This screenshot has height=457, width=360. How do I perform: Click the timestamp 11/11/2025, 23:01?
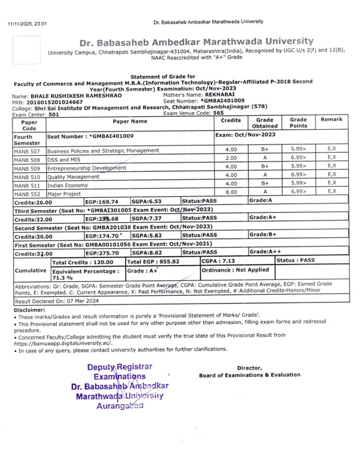click(27, 24)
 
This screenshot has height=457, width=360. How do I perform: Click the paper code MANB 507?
click(27, 151)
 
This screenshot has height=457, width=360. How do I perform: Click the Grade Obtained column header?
click(264, 123)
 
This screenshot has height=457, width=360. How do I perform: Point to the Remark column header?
click(331, 120)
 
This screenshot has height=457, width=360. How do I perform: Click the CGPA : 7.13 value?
click(218, 261)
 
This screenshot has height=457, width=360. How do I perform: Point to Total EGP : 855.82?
click(153, 262)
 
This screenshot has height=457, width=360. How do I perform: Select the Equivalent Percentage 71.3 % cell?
click(86, 274)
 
